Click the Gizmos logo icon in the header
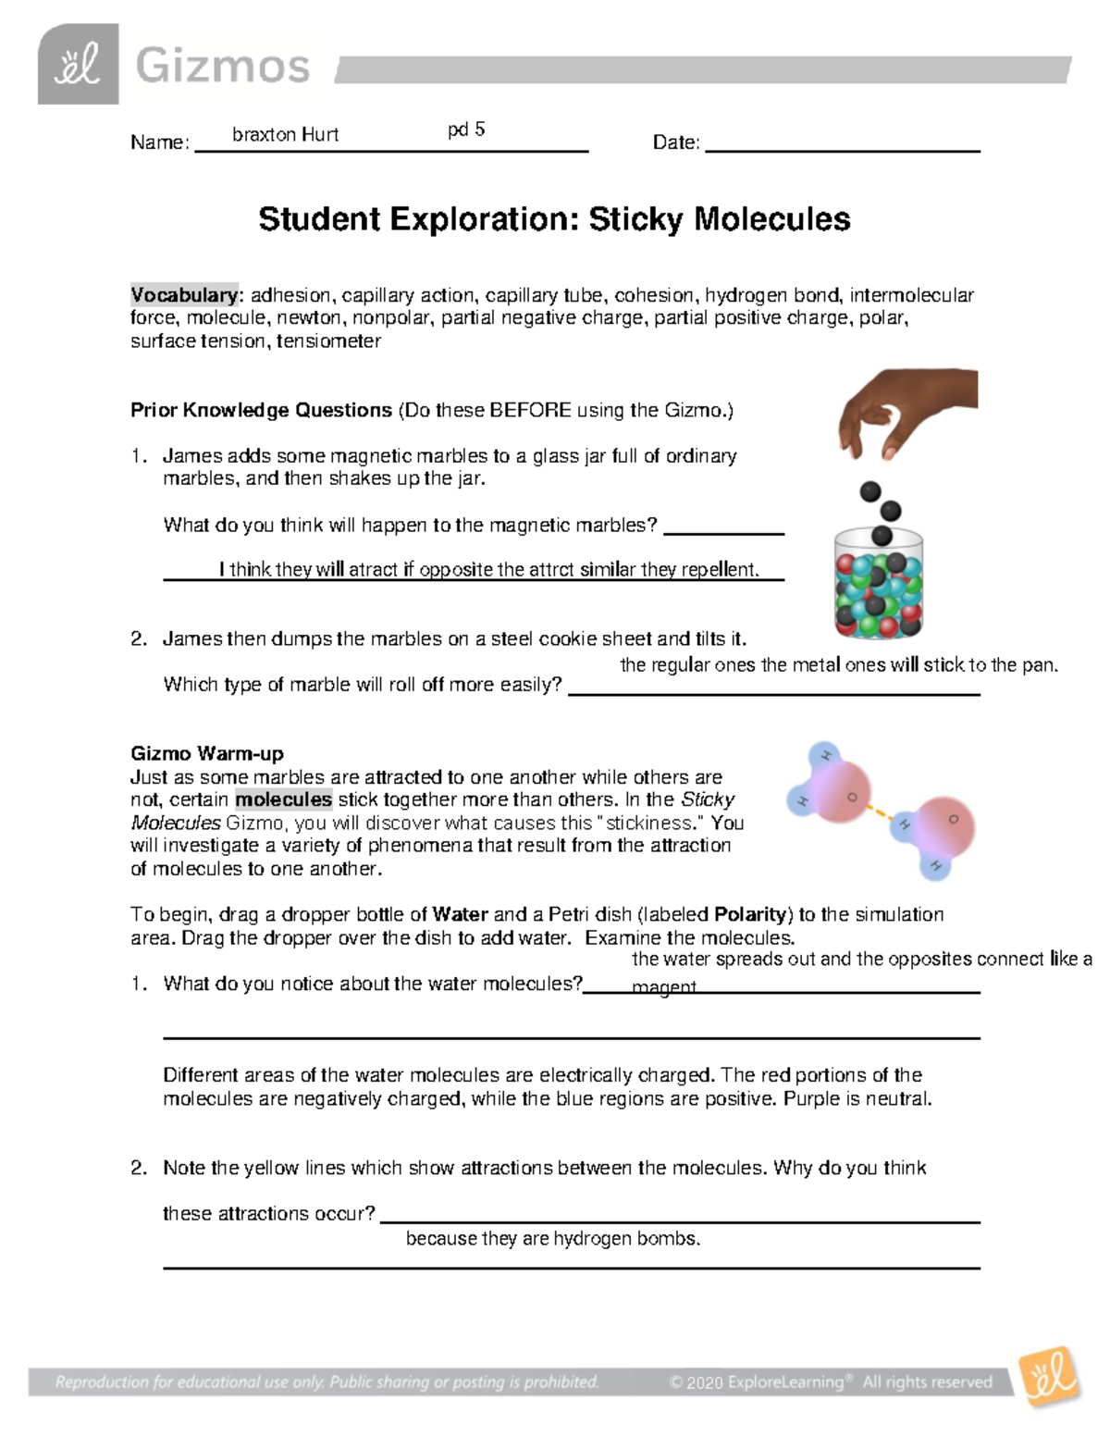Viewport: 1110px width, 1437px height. point(78,65)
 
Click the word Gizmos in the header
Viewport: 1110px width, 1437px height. point(222,67)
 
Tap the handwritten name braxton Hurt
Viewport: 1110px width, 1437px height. point(285,135)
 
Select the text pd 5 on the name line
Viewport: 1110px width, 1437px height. point(466,130)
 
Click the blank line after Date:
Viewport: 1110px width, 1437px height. point(842,142)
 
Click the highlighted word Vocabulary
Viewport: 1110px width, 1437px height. point(184,295)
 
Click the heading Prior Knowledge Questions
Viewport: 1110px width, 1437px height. point(261,410)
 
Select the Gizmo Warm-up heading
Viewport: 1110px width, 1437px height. point(207,753)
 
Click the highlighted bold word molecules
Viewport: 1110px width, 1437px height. point(283,799)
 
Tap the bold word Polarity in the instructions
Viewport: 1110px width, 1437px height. point(751,914)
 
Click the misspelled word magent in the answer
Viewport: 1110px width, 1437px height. point(663,987)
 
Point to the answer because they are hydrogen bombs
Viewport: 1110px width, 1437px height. point(553,1239)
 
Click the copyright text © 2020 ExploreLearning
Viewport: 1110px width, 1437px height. point(757,1382)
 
